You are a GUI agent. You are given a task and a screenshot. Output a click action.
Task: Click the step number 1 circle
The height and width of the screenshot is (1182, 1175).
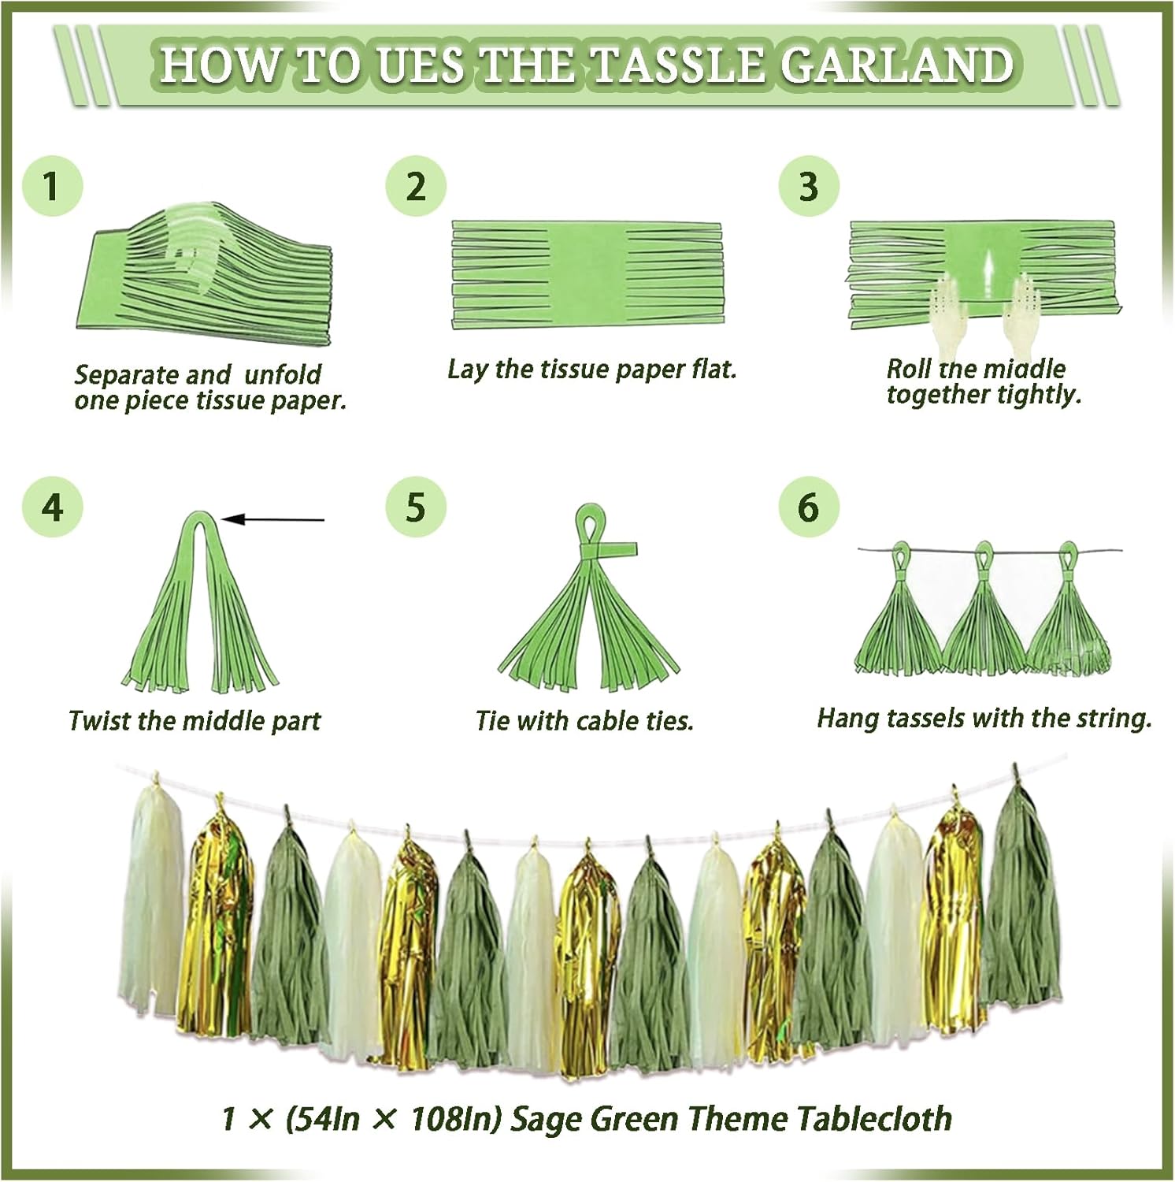coord(52,188)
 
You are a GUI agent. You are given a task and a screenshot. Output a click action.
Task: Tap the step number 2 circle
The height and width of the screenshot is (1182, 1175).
coord(416,186)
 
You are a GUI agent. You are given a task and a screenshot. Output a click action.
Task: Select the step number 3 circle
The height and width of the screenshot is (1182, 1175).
coord(809,186)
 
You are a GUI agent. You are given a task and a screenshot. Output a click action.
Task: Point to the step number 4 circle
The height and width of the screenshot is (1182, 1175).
coord(52,507)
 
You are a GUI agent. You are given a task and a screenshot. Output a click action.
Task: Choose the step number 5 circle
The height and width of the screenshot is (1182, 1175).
coord(416,507)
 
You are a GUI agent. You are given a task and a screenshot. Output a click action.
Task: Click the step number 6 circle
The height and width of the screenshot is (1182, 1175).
coord(809,507)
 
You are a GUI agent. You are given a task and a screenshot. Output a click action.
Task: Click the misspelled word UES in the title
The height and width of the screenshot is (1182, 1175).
coord(421,65)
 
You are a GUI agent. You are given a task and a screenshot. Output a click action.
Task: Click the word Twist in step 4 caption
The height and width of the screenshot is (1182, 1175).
coord(96,721)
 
